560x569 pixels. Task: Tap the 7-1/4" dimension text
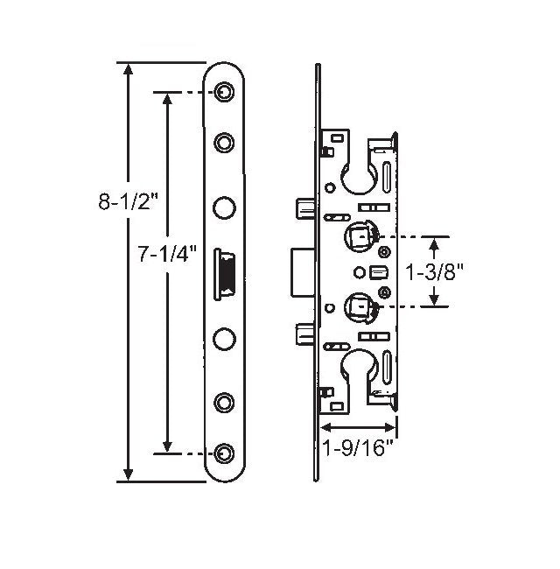[167, 255]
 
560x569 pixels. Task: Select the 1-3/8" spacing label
[436, 271]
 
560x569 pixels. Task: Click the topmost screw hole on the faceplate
[225, 92]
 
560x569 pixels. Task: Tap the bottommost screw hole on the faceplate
[225, 453]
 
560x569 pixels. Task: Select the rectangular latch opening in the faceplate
[226, 272]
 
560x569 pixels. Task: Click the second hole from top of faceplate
[225, 142]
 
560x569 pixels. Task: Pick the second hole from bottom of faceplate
[225, 403]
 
